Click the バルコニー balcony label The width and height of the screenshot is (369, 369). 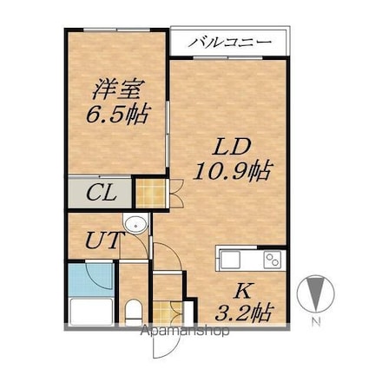tap(230, 43)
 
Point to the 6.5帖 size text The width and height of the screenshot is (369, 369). tap(117, 114)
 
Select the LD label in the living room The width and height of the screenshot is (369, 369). tap(232, 147)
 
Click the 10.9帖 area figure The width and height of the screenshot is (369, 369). tap(233, 171)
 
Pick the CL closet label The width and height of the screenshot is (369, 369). tap(102, 193)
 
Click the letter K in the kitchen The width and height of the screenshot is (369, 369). tap(242, 292)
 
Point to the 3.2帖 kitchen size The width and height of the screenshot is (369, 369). tap(244, 313)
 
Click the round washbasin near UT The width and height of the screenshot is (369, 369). tap(135, 224)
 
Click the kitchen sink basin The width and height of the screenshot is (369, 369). tap(230, 260)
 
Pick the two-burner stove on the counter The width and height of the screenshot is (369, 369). tap(273, 260)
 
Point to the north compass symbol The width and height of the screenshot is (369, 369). tap(315, 293)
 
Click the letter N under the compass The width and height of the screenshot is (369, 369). tap(317, 321)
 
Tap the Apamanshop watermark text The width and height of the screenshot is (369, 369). tap(184, 331)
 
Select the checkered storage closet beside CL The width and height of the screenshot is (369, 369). tap(150, 194)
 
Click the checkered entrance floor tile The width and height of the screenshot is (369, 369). tap(168, 313)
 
